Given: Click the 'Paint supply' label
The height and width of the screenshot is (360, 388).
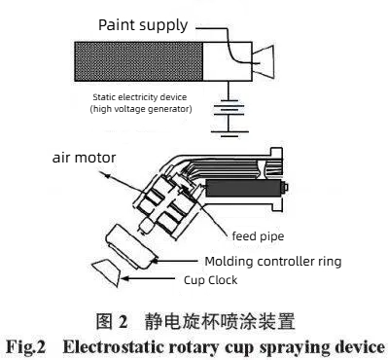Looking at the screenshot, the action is click(x=143, y=25).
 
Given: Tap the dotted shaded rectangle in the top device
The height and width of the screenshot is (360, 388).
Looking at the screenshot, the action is click(x=139, y=61).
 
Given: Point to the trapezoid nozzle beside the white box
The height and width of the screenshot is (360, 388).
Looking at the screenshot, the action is click(x=264, y=61).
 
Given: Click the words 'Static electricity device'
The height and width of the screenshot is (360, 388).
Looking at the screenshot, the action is click(x=140, y=97).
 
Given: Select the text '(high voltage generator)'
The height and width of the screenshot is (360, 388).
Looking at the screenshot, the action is click(x=141, y=108).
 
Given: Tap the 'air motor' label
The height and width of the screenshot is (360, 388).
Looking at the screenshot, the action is click(x=84, y=158).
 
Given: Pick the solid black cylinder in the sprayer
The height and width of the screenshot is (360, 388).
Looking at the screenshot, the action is click(x=244, y=188).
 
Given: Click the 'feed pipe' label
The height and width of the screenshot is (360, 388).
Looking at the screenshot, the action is click(x=258, y=236).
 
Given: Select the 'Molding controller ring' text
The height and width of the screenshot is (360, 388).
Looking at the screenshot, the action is click(x=273, y=262).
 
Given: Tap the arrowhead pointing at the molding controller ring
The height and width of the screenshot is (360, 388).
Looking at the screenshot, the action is click(x=155, y=260).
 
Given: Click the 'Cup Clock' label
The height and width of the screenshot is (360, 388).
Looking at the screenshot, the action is click(x=210, y=280).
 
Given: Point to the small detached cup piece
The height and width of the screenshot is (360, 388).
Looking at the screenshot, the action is click(x=106, y=272).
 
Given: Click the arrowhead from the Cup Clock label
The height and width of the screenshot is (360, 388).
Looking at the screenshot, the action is click(x=125, y=278).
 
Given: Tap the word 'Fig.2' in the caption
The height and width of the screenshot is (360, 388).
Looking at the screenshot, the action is click(x=26, y=347).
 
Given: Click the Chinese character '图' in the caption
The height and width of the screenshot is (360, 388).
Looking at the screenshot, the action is click(x=104, y=321).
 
